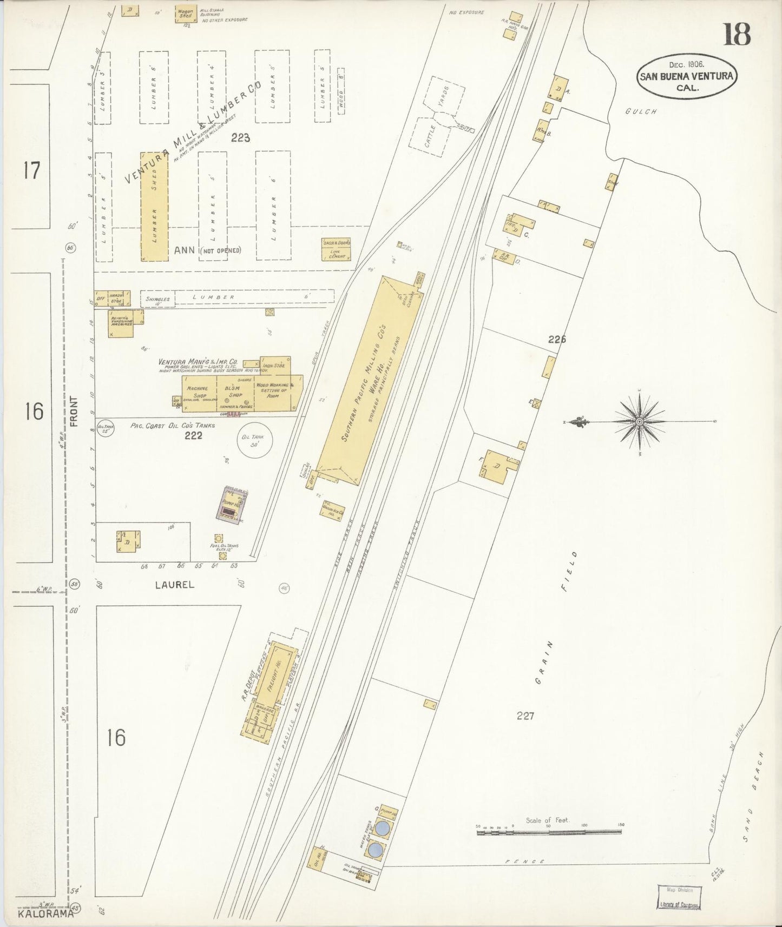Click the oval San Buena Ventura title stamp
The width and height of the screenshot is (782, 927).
pyautogui.click(x=686, y=76)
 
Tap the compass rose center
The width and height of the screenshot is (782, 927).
pyautogui.click(x=640, y=421)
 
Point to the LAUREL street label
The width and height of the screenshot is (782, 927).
pyautogui.click(x=174, y=585)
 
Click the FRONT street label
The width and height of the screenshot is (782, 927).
pyautogui.click(x=74, y=412)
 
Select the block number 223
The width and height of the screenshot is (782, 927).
pyautogui.click(x=240, y=138)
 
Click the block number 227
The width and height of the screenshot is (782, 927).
pyautogui.click(x=525, y=716)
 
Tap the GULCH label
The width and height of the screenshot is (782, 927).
pyautogui.click(x=641, y=111)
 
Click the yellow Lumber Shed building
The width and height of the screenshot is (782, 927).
pyautogui.click(x=154, y=207)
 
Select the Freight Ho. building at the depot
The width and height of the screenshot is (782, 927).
pyautogui.click(x=274, y=675)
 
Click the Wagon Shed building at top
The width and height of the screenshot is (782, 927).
pyautogui.click(x=186, y=14)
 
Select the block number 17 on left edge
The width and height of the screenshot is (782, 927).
pyautogui.click(x=31, y=171)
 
